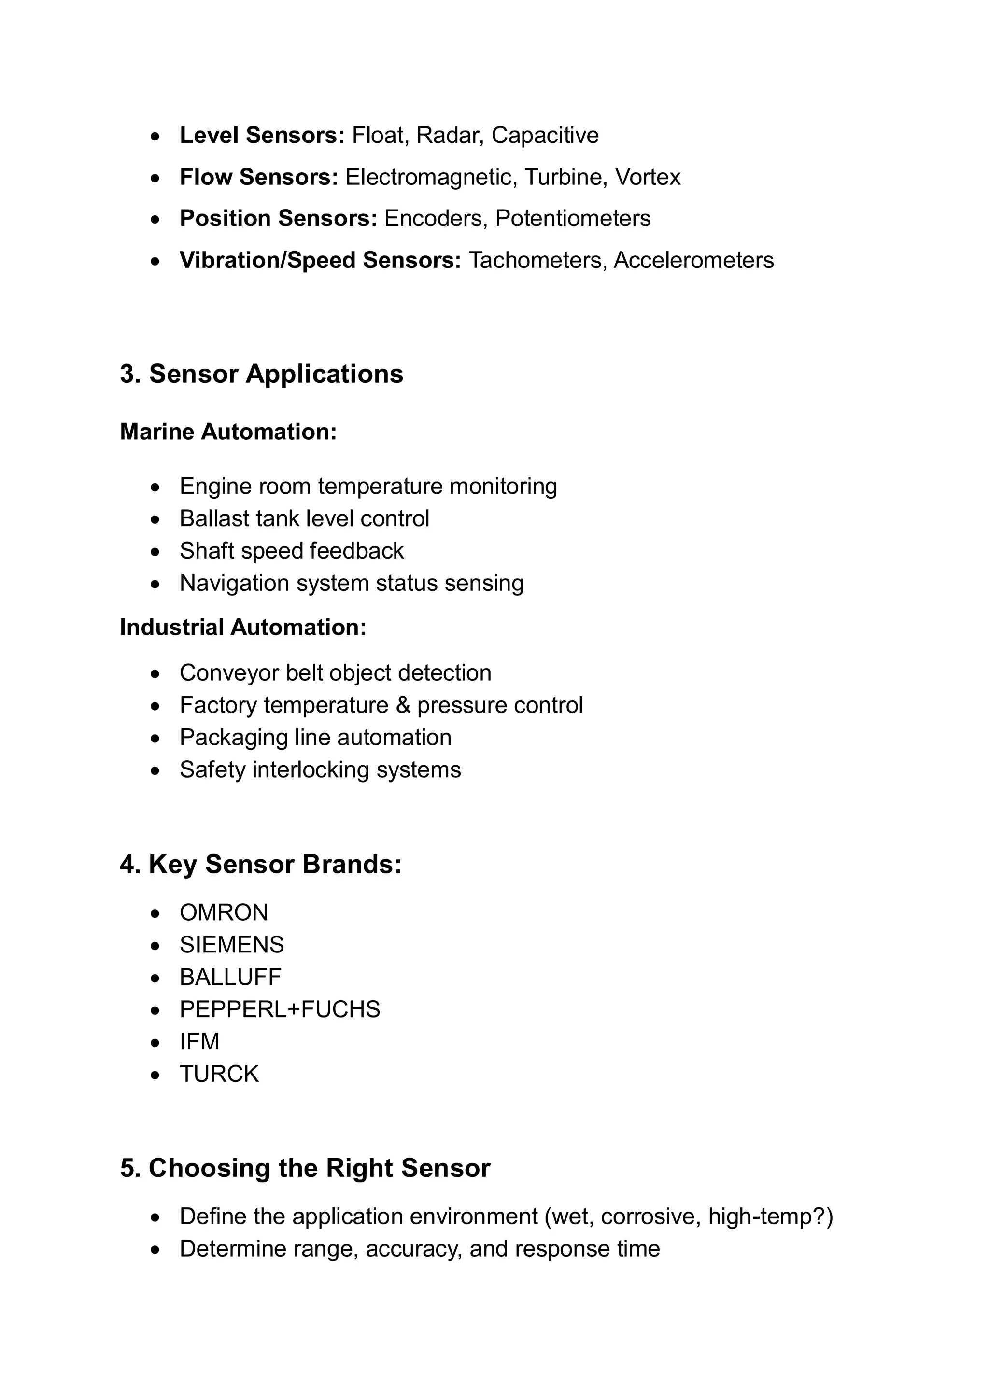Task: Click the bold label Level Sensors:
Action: pyautogui.click(x=262, y=135)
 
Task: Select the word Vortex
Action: pyautogui.click(x=648, y=177)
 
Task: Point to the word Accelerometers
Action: pyautogui.click(x=693, y=261)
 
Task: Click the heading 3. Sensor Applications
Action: pyautogui.click(x=261, y=374)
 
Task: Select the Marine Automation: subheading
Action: pyautogui.click(x=228, y=432)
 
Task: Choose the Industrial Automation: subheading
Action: pyautogui.click(x=243, y=627)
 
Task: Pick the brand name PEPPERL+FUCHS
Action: pyautogui.click(x=280, y=1009)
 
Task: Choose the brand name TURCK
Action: pyautogui.click(x=219, y=1074)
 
